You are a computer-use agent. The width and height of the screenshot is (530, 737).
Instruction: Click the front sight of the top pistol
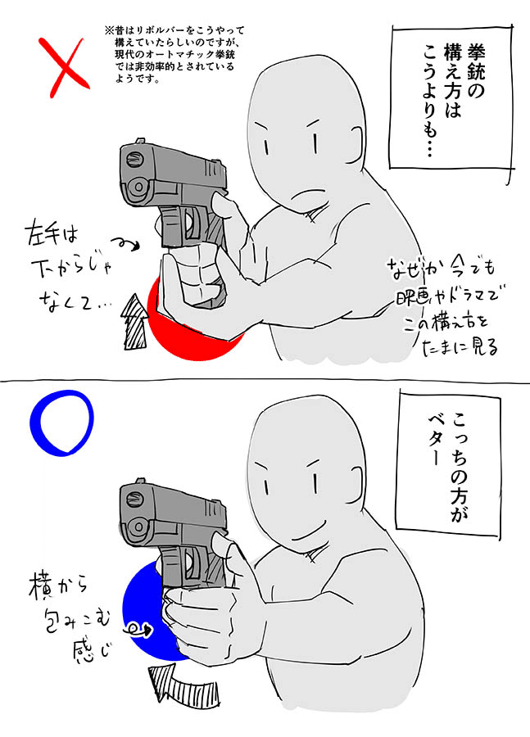click(x=140, y=142)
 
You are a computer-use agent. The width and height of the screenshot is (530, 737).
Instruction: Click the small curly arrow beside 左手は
click(x=125, y=244)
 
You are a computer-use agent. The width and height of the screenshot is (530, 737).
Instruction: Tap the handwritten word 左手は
click(x=52, y=233)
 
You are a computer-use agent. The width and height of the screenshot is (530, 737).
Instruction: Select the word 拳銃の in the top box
click(x=475, y=70)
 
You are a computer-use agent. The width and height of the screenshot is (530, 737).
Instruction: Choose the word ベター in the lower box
click(x=435, y=440)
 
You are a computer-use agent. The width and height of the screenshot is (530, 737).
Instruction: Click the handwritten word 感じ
click(x=93, y=651)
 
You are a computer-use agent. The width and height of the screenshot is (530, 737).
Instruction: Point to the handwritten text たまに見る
click(x=460, y=347)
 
